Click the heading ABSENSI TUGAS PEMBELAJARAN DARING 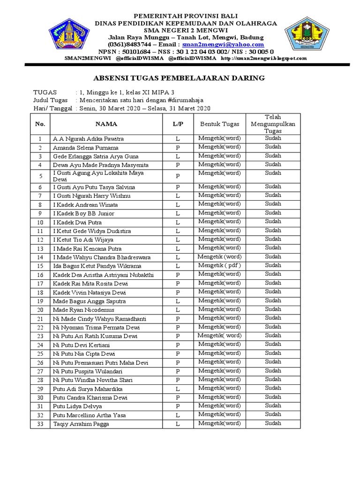(x=180, y=78)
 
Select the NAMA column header (x=106, y=124)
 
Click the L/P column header (x=178, y=124)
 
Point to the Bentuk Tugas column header (x=219, y=124)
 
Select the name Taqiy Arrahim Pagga (x=81, y=424)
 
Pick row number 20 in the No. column (x=40, y=310)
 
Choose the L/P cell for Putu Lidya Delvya (x=178, y=406)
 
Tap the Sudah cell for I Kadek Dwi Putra (x=273, y=221)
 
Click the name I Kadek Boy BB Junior (x=83, y=213)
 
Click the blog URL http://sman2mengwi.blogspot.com (x=263, y=58)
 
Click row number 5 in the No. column (x=40, y=176)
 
